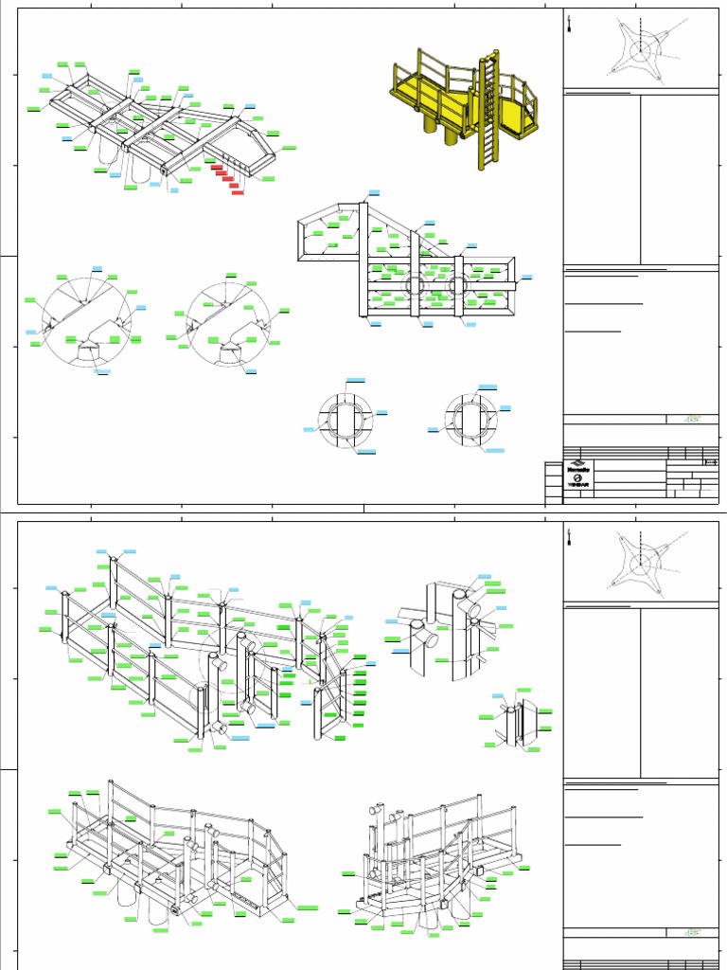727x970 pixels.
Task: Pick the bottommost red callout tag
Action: click(238, 192)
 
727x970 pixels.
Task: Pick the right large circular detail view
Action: click(229, 319)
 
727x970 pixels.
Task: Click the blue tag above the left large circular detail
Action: click(97, 269)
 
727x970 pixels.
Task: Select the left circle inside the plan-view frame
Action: click(414, 285)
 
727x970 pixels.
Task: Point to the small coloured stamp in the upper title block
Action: click(692, 418)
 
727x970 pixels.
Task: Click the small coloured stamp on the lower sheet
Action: click(692, 933)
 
